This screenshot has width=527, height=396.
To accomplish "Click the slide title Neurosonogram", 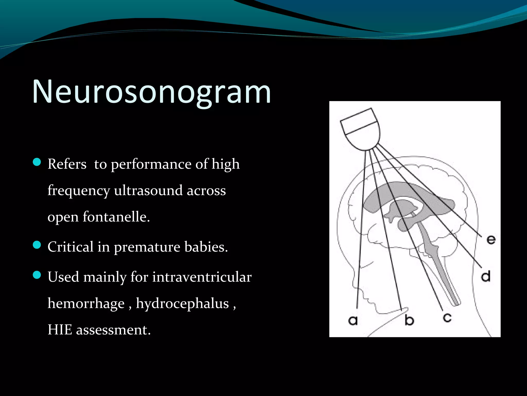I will [x=151, y=92].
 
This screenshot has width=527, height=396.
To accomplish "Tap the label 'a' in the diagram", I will [x=353, y=320].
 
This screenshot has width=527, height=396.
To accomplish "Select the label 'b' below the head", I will [x=409, y=320].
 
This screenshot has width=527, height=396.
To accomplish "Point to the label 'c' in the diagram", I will [x=447, y=318].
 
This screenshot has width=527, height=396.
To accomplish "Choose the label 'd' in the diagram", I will [x=486, y=276].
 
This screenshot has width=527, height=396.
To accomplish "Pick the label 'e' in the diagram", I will [x=491, y=240].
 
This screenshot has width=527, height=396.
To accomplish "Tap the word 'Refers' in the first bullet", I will [x=67, y=164].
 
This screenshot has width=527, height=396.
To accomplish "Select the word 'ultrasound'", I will [x=148, y=191].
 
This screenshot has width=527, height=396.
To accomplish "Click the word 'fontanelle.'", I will [x=116, y=217].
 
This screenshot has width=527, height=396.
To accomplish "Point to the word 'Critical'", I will [x=70, y=247].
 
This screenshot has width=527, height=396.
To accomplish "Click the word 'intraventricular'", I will [x=202, y=277].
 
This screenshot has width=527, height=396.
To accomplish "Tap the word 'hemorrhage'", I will [x=86, y=303].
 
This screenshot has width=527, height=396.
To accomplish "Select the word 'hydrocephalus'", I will [x=182, y=303].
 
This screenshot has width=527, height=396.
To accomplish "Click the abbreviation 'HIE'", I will [x=60, y=330].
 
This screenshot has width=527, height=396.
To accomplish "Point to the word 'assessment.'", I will [x=113, y=330].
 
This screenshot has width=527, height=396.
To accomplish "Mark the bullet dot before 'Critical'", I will [x=37, y=245].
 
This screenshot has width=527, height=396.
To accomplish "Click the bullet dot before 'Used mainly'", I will [x=37, y=275].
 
